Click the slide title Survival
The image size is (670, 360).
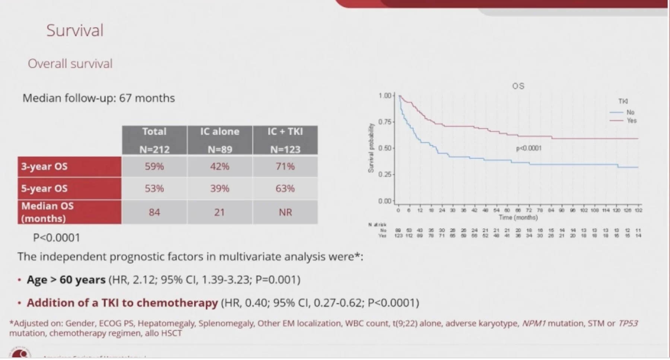coord(75,31)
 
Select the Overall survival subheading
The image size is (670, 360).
coord(70,64)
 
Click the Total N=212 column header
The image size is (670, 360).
coord(154,140)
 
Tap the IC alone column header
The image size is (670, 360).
coord(220,140)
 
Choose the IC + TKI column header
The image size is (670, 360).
coord(285,140)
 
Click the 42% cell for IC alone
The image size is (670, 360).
coord(220,166)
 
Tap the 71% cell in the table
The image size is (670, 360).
coord(285,166)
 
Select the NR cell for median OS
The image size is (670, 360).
coord(285,212)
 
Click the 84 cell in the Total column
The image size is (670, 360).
coord(154,212)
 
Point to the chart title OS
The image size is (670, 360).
coord(518,86)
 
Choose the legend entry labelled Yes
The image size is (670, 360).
coord(631,121)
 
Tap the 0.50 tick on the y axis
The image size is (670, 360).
coord(385,148)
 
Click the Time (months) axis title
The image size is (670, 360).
coord(518,217)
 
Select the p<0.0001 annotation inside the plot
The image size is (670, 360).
coord(528,148)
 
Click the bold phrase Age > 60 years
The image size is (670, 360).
coord(66,280)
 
